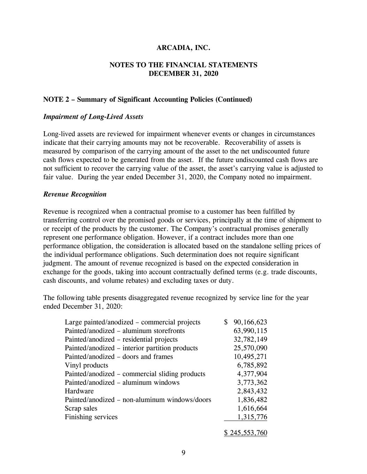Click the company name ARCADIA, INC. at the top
click(183, 48)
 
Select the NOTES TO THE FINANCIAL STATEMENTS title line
click(183, 65)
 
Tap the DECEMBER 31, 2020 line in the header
click(183, 74)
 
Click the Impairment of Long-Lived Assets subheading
click(93, 117)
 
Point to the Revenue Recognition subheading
click(75, 194)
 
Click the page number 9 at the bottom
click(183, 452)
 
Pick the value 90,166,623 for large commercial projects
click(250, 322)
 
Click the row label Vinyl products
click(86, 365)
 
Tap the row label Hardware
click(79, 391)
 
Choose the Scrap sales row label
click(81, 408)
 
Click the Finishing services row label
click(91, 417)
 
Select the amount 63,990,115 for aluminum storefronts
click(250, 331)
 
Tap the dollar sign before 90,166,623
click(226, 322)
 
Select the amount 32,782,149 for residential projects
click(250, 339)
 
